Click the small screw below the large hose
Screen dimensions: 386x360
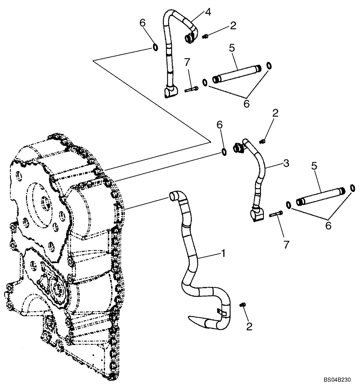point(243,305)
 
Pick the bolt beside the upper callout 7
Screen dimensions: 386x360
point(191,90)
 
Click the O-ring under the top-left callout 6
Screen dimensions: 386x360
point(155,47)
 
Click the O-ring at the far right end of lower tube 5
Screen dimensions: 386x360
point(352,188)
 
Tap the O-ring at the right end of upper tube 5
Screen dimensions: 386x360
point(268,66)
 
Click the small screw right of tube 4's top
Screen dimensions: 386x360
point(205,36)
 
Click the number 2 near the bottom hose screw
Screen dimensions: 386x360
point(249,327)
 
